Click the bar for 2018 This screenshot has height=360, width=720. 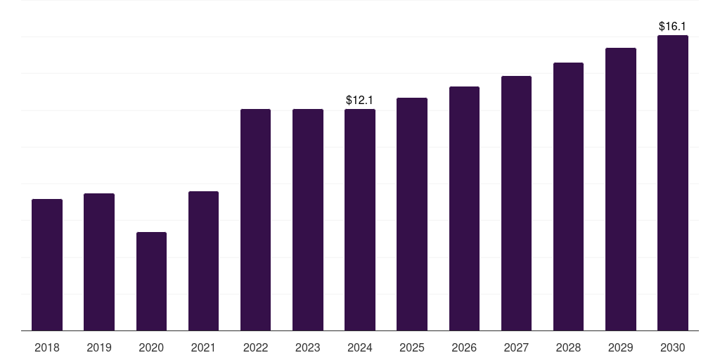click(47, 265)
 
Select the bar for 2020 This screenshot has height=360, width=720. click(152, 281)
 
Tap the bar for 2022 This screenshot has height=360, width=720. click(255, 220)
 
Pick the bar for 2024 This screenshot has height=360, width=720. click(360, 220)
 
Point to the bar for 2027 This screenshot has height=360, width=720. click(516, 203)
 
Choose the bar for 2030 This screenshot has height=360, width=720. click(673, 183)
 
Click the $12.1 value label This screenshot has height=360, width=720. click(359, 100)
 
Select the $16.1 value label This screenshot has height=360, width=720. click(672, 27)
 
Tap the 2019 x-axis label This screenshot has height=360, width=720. click(99, 348)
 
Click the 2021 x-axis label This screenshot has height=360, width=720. click(203, 348)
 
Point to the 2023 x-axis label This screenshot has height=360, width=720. click(308, 348)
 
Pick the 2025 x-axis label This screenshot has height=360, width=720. click(412, 348)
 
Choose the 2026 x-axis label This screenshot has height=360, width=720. click(464, 348)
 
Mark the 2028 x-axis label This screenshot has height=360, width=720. click(568, 348)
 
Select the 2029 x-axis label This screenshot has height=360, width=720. click(621, 348)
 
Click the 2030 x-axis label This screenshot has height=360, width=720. click(673, 348)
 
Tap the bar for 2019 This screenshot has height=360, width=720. click(99, 262)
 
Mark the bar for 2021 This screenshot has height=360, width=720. click(203, 261)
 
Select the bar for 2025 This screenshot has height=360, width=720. click(412, 214)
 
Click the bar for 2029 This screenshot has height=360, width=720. click(621, 189)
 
